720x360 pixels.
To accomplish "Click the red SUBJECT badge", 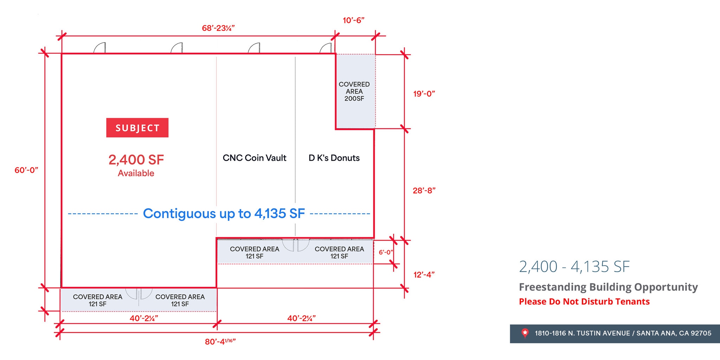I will pos(137,128).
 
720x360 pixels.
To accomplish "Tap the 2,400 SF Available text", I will pos(136,165).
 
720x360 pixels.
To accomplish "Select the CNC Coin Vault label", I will pos(255,158).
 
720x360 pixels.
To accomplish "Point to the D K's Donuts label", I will pos(334,158).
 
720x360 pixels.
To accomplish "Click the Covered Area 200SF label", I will pos(354,91).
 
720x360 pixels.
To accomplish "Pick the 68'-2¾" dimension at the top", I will pos(218,28).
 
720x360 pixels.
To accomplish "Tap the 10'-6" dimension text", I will pos(353,20).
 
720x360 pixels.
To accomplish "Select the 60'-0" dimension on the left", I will pos(26,170).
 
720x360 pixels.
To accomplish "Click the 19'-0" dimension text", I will pos(424,94).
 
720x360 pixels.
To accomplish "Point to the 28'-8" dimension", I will pos(424,191).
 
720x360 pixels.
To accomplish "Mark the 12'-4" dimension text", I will pos(424,275).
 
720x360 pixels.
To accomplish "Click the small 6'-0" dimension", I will pos(386,252).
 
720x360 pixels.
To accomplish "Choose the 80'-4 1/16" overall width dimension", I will pos(220,341).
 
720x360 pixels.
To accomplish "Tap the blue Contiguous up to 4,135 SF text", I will pos(224,213).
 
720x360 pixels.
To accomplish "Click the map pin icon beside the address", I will pos(525,333).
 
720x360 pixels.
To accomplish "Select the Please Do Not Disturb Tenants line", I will pos(584,302).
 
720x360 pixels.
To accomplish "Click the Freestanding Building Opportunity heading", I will pos(608,287).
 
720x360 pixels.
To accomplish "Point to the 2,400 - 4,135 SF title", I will pos(574,266).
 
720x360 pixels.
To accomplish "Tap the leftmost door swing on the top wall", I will pos(100,48).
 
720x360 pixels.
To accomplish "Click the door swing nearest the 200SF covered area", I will pos(326,48).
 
